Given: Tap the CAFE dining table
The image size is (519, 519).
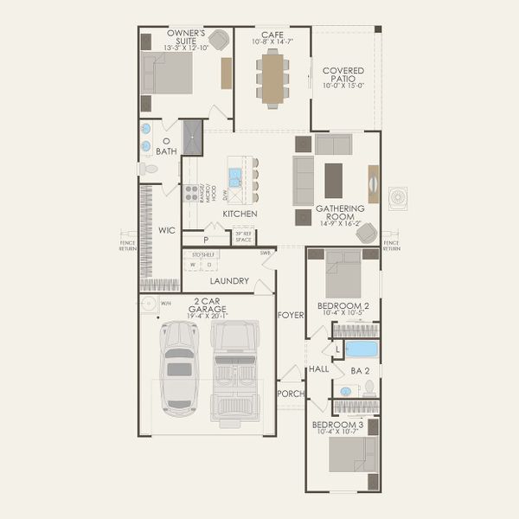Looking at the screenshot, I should click(273, 79).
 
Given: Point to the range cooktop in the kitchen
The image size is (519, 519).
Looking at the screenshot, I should click(190, 193).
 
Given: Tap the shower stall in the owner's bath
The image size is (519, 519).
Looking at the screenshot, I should click(191, 138).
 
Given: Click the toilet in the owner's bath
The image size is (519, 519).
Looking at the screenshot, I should click(150, 168).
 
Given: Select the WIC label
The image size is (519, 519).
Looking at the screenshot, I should click(167, 231).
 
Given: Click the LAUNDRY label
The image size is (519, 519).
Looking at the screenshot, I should click(229, 281).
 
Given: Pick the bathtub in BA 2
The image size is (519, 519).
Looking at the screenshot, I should click(362, 349).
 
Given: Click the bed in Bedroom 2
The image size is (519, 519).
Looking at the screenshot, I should click(343, 279).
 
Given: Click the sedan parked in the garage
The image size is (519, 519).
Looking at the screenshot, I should click(179, 363).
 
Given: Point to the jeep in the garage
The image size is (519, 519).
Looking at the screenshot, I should click(234, 372).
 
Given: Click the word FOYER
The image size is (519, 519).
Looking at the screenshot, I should click(291, 315).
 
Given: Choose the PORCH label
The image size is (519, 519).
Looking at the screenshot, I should click(290, 393).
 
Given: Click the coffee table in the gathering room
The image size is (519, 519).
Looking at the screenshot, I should click(333, 180).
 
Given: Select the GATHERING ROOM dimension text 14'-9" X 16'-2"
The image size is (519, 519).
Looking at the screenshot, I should click(340, 224).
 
